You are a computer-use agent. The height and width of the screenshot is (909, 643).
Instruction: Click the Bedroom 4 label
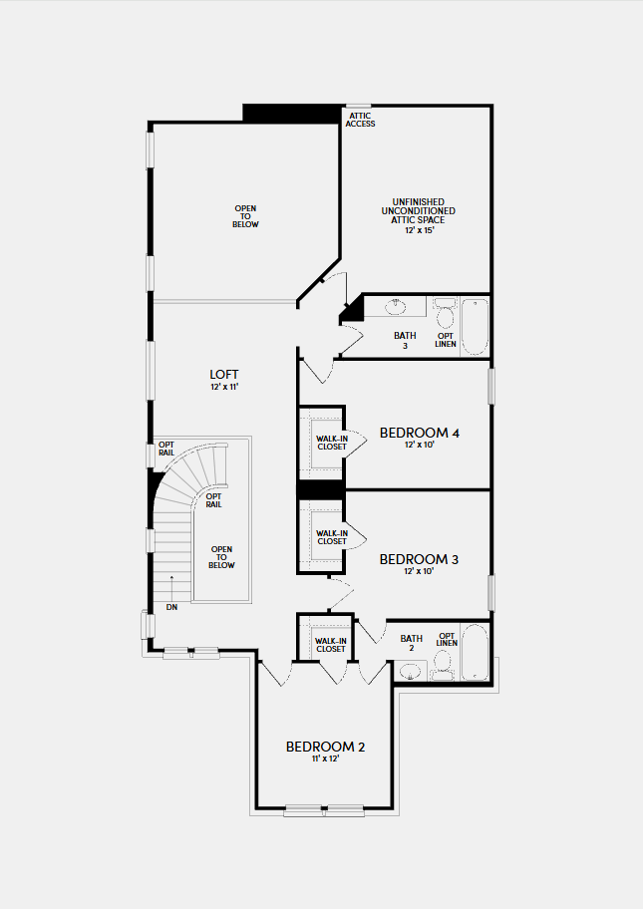(x=420, y=433)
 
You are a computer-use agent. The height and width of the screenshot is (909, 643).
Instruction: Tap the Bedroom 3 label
(x=419, y=559)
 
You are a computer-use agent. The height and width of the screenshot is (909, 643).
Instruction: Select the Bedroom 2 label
(x=325, y=747)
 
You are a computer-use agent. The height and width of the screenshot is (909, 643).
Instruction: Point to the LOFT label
(x=223, y=375)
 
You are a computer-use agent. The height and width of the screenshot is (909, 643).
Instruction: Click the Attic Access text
(x=360, y=120)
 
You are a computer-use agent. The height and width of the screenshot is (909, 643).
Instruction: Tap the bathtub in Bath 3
(x=475, y=326)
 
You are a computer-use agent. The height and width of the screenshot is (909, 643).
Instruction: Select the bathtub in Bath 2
(x=475, y=652)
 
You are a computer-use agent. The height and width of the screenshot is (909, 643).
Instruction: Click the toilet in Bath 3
(x=446, y=313)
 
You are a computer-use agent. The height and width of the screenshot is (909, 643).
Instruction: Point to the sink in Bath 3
(x=396, y=307)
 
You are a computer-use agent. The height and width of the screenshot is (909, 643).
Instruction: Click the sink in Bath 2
(x=410, y=672)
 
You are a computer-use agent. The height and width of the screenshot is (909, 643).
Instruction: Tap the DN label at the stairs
(x=171, y=607)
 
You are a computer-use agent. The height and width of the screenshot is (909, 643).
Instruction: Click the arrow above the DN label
(x=171, y=588)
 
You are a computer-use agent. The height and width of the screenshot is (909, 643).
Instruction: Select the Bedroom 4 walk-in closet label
(x=332, y=443)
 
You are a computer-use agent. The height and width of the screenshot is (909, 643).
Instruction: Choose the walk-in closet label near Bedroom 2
(x=331, y=645)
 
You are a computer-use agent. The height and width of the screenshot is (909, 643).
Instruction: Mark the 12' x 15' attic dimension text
(x=420, y=230)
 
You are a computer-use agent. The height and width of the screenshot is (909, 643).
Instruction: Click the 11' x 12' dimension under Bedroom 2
(x=325, y=758)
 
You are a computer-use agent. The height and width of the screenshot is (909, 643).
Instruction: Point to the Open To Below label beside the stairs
(x=221, y=557)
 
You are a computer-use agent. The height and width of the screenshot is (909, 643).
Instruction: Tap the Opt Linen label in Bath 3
(x=446, y=340)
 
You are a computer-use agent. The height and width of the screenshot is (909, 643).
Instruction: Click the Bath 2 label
(x=412, y=643)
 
